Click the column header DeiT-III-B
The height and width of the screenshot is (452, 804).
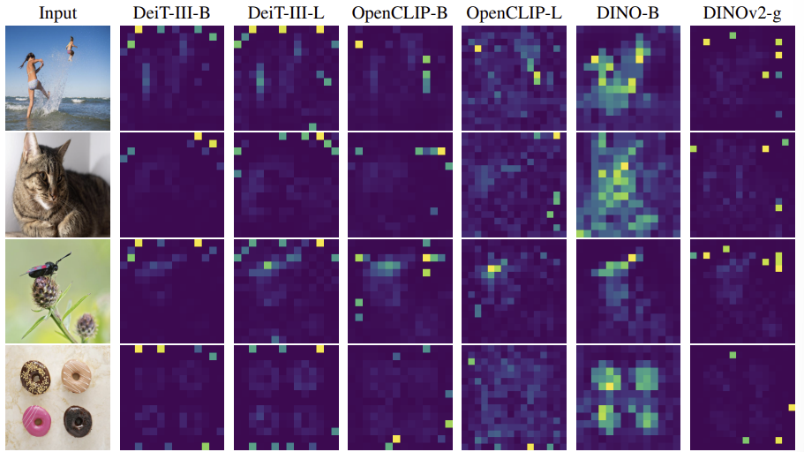coord(172,13)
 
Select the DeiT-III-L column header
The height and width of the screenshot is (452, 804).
coord(286,13)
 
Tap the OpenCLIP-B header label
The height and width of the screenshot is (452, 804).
coord(401,13)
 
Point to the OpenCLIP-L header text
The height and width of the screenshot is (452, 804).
coord(515,13)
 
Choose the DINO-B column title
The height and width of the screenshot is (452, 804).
coord(628,13)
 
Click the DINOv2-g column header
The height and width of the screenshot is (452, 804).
coord(742,13)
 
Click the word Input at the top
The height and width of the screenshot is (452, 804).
coord(57,13)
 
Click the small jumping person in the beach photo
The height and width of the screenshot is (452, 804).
coord(71,44)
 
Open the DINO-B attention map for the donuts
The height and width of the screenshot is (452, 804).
coord(628,397)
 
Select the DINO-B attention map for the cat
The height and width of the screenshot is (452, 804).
coord(628,185)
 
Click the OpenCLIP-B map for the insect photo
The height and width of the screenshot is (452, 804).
coord(401,290)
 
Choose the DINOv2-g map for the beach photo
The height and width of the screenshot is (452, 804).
coord(742,78)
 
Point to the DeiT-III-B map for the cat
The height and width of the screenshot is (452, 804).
coord(172,185)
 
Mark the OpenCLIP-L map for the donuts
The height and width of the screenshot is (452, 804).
coord(515,397)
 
